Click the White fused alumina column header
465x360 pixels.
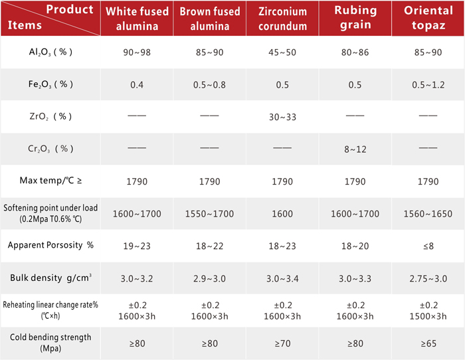point(137,19)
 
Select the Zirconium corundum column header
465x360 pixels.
point(282,19)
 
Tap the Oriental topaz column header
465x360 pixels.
point(428,18)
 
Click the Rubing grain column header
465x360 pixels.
point(355,18)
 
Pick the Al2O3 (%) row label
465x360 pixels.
point(50,52)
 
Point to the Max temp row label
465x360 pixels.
point(50,180)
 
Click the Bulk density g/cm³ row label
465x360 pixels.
point(50,278)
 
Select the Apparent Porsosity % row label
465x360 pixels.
point(50,245)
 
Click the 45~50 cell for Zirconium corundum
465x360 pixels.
point(282,52)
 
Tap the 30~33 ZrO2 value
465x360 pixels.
point(282,117)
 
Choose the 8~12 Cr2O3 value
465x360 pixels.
point(355,149)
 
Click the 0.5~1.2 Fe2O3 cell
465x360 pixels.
point(428,85)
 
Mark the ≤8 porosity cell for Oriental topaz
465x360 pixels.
point(428,246)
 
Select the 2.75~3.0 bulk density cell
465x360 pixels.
point(428,278)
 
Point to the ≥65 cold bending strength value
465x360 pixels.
point(428,343)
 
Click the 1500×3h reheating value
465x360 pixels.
point(428,316)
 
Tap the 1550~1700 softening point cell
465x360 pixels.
point(210,214)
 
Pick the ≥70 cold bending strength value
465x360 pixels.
point(282,343)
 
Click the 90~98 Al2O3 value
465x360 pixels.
point(137,52)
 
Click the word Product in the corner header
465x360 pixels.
point(70,9)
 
